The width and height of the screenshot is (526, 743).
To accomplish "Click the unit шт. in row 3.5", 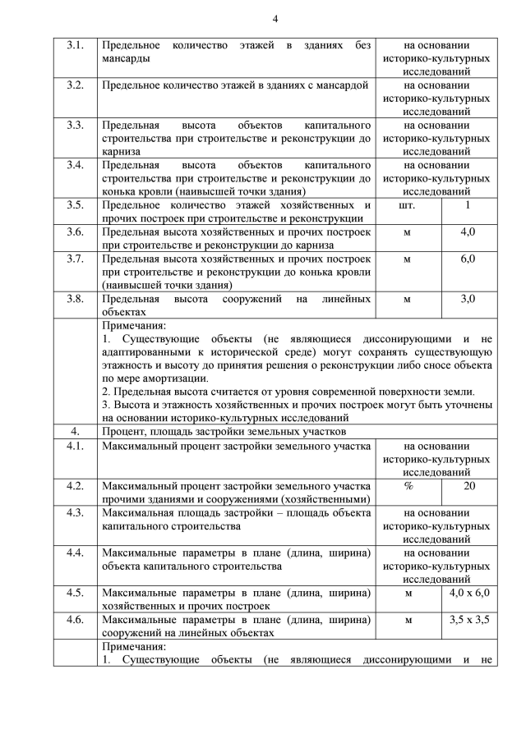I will click(x=406, y=205).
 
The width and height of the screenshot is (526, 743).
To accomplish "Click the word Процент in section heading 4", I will click(x=125, y=431).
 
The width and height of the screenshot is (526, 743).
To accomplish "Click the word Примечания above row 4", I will click(x=134, y=325).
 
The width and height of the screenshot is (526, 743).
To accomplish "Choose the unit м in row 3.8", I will click(x=406, y=299).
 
